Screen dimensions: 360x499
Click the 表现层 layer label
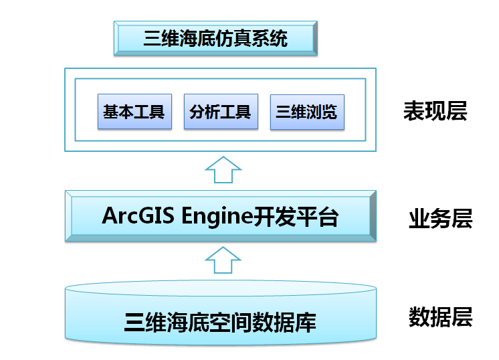click(x=435, y=111)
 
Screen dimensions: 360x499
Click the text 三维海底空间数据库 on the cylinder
click(x=220, y=323)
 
